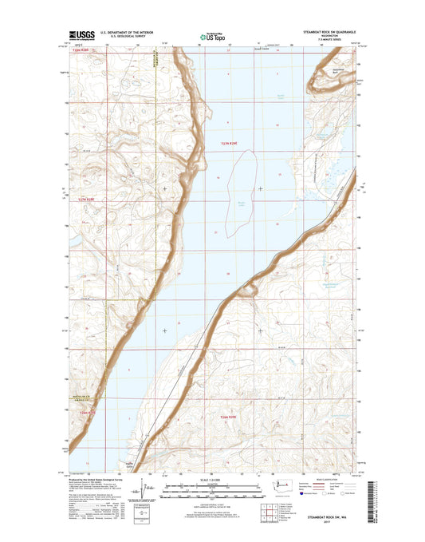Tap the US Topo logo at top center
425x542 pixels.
211,36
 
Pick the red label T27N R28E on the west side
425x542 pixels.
86,199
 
